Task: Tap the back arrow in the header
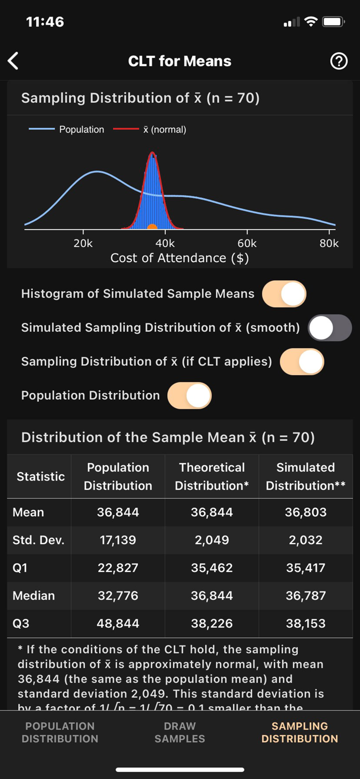coord(14,61)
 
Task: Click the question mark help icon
coord(339,61)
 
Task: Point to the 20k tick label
coord(83,243)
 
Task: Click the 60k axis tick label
coord(247,243)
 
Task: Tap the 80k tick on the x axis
coord(329,243)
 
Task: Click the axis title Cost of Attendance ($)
coord(180,258)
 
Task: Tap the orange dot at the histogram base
coord(152,227)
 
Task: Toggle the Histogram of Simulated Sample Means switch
coord(284,294)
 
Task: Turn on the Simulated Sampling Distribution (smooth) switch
coord(330,328)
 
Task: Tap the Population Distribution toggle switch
coord(190,396)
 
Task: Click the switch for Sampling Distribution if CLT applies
coord(302,362)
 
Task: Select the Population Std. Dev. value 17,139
coord(118,540)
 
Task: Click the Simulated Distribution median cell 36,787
coord(305,596)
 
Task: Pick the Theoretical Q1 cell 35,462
coord(212,568)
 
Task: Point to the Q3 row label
coord(21,623)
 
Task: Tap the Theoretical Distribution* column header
coord(212,476)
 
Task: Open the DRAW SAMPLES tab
coord(180,732)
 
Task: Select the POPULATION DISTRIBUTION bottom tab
coord(60,732)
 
